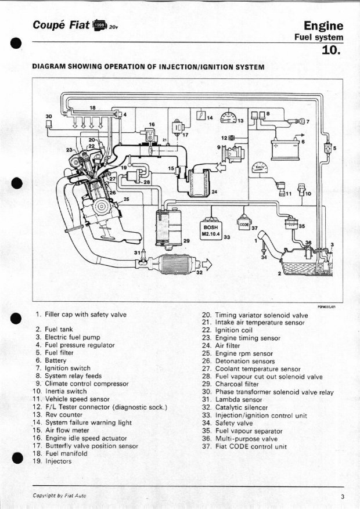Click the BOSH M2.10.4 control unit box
point(211,230)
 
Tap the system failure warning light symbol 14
point(201,115)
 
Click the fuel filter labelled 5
point(328,149)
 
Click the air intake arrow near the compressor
point(221,168)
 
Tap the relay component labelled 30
point(49,124)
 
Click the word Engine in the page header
point(323,26)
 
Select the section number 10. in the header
point(332,50)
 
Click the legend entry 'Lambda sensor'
point(239,400)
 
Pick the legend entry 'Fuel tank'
point(59,329)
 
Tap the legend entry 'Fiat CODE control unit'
point(251,446)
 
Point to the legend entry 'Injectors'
point(59,461)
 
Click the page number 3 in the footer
point(343,496)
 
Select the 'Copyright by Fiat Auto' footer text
point(59,496)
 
